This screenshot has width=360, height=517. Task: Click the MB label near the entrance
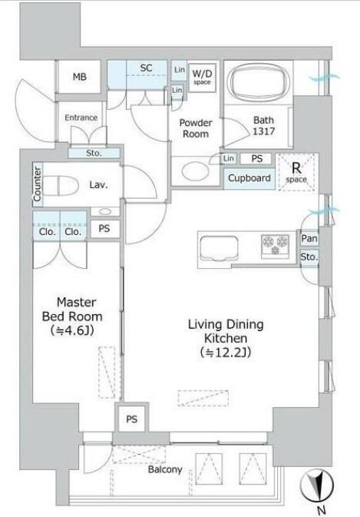80,77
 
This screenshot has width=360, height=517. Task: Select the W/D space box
202,78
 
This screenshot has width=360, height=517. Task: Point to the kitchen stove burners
276,245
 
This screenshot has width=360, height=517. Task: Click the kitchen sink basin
219,247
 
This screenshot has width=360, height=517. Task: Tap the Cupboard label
249,178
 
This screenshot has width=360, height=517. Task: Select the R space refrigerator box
296,172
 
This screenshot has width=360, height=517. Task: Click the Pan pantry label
309,238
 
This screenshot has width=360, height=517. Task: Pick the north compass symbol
317,486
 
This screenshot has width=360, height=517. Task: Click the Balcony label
165,469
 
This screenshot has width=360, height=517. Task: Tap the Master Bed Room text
72,310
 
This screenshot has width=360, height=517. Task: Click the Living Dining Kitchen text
226,331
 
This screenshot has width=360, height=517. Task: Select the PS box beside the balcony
132,419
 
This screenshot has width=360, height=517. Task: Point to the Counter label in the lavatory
37,184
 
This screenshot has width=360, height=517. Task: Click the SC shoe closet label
147,68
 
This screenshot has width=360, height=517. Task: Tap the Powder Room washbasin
195,171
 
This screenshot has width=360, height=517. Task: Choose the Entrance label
81,118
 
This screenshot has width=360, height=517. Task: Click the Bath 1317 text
263,126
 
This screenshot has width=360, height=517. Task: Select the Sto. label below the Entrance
94,153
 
